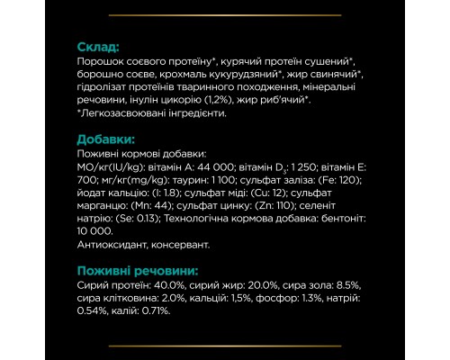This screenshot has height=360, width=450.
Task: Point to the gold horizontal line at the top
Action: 225,15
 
